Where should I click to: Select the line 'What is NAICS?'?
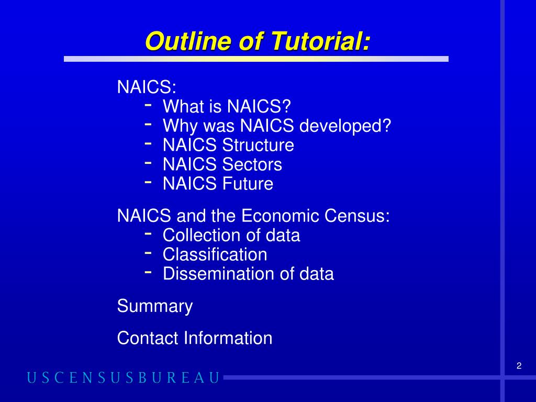[226, 107]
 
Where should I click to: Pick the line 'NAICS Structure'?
[228, 145]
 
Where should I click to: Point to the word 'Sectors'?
[252, 164]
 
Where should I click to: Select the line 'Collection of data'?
[231, 235]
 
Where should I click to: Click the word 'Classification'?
[215, 254]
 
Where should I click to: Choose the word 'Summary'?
[155, 306]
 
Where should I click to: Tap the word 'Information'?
[228, 338]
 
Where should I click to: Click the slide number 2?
[519, 366]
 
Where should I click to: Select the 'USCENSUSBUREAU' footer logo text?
[124, 378]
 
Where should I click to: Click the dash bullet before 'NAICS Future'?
[148, 182]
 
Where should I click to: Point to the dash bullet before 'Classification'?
[148, 253]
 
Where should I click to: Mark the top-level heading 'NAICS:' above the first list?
[139, 87]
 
